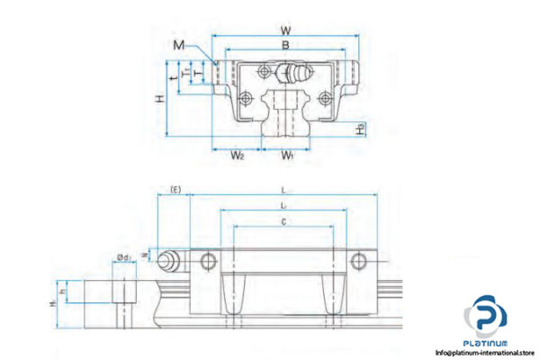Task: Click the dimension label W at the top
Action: tap(284, 29)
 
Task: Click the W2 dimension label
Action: tap(237, 157)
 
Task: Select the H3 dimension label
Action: tap(361, 130)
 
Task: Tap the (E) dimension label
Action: tap(175, 189)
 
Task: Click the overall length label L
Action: tap(284, 190)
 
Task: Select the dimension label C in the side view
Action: tap(284, 220)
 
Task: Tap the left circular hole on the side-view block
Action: tap(210, 262)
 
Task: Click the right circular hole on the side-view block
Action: tap(359, 262)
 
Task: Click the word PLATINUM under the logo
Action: tap(487, 342)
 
